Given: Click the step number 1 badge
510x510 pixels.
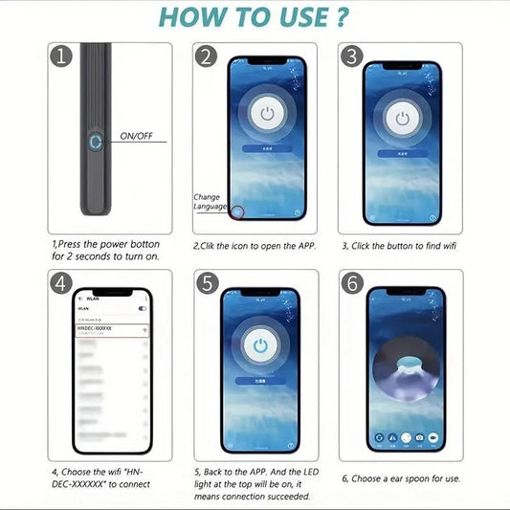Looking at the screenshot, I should click(62, 56).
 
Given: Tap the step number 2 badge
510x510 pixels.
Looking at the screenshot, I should click(206, 56).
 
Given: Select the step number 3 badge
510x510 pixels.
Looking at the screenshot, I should click(352, 56).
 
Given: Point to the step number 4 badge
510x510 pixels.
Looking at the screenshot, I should click(62, 284).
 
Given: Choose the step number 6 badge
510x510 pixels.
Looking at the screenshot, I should click(352, 284).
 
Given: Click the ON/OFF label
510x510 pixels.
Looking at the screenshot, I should click(136, 137).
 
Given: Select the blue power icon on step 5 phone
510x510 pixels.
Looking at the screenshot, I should click(259, 345).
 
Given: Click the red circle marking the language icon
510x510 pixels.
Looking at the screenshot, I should click(236, 211).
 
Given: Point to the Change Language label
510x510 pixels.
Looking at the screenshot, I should click(209, 201).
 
